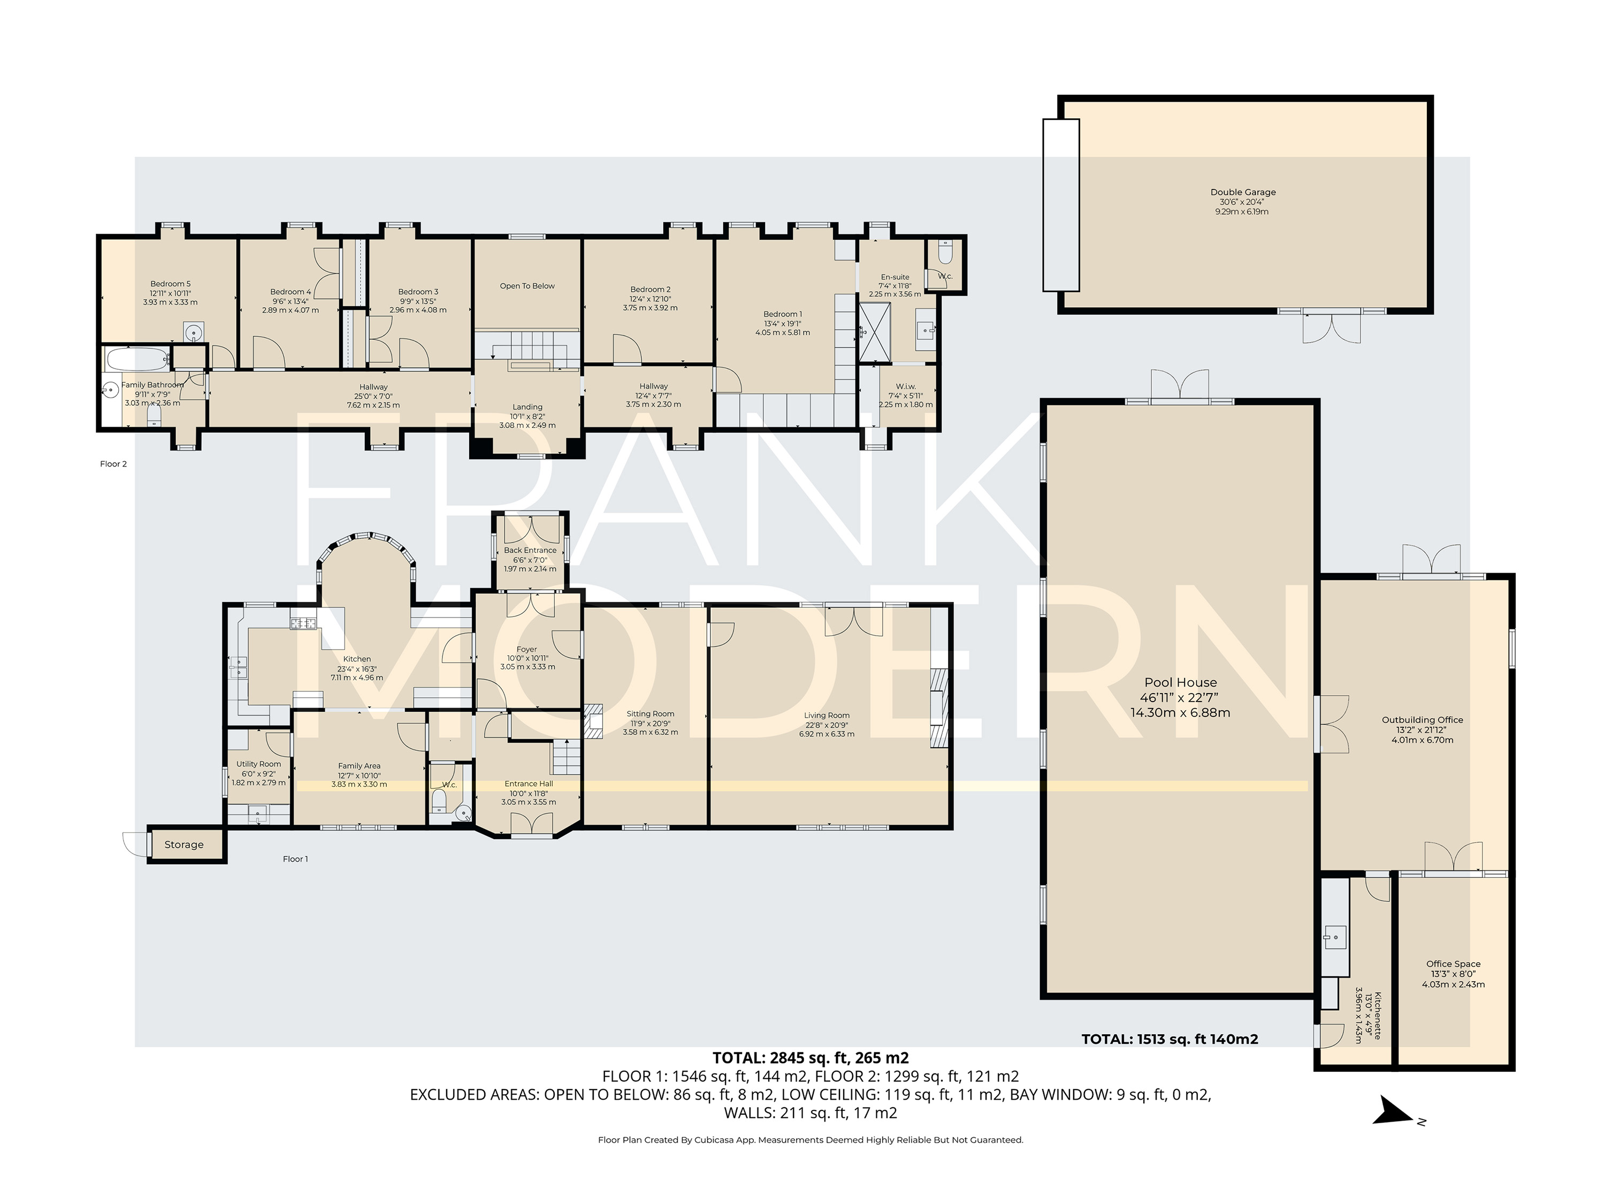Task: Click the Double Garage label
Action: pos(1242,192)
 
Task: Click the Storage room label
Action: pos(184,845)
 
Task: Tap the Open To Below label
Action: pos(527,286)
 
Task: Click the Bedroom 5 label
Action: pos(171,284)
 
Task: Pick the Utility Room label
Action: pos(258,764)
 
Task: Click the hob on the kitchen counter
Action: pos(304,623)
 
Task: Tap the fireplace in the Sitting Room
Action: pos(593,721)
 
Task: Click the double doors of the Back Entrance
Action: pos(530,530)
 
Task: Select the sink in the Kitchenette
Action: pos(1334,937)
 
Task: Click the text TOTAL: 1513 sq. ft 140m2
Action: pos(1170,1039)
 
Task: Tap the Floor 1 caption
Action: pos(295,859)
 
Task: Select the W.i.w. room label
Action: pos(906,386)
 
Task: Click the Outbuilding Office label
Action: pos(1421,720)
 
